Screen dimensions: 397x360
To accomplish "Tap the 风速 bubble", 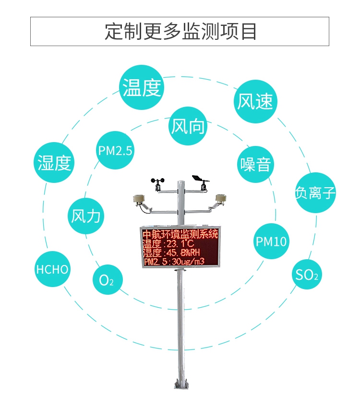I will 256,101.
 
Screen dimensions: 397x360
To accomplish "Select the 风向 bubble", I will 188,126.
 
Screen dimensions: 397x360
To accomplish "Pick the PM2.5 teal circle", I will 115,151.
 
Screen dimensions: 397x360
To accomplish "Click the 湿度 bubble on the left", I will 55,163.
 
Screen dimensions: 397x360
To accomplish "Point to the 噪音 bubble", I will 256,164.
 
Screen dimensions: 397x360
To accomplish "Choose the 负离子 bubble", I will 315,193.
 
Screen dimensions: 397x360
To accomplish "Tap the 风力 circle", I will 86,216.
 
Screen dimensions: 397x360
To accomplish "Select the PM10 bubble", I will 271,241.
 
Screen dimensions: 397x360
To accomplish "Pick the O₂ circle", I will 106,279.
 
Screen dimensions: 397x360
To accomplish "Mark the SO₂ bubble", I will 307,275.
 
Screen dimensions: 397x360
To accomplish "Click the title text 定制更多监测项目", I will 180,32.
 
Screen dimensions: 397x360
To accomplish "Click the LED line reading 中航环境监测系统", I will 180,234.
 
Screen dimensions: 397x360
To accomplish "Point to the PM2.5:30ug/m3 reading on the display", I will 174,262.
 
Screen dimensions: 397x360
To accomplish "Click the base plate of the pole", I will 180,384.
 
